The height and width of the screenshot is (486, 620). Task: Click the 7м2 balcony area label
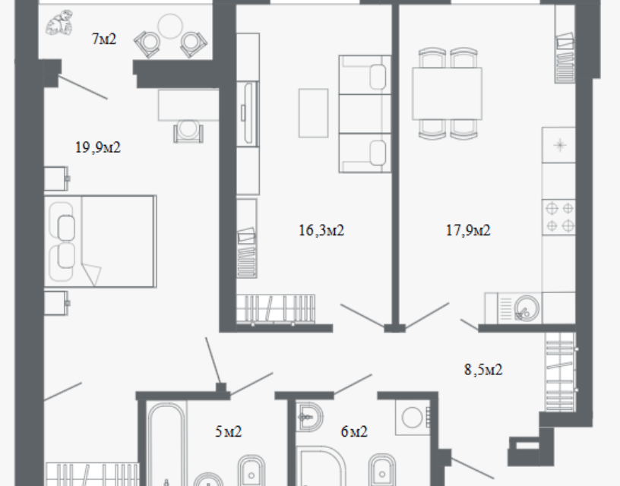pyautogui.click(x=104, y=39)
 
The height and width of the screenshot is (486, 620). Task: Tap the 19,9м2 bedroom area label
pyautogui.click(x=98, y=147)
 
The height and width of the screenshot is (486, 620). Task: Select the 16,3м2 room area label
pyautogui.click(x=321, y=230)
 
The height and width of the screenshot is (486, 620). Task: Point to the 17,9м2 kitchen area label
pyautogui.click(x=468, y=230)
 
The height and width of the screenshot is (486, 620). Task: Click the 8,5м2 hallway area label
pyautogui.click(x=483, y=370)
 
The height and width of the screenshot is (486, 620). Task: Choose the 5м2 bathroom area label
pyautogui.click(x=228, y=431)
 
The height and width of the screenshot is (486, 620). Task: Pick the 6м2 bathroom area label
pyautogui.click(x=354, y=431)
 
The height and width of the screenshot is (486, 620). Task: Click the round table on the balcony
pyautogui.click(x=170, y=26)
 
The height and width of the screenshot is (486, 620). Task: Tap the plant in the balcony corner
pyautogui.click(x=59, y=23)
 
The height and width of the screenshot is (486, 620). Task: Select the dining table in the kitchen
pyautogui.click(x=448, y=93)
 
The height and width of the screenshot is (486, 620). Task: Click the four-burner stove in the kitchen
pyautogui.click(x=558, y=217)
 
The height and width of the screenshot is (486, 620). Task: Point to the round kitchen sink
pyautogui.click(x=527, y=308)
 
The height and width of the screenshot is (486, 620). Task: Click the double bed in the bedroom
pyautogui.click(x=100, y=241)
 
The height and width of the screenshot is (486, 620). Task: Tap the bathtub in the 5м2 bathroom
pyautogui.click(x=167, y=444)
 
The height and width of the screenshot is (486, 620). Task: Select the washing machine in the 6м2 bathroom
pyautogui.click(x=413, y=417)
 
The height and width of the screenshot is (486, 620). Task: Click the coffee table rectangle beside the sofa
pyautogui.click(x=313, y=113)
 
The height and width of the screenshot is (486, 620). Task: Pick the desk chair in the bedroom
pyautogui.click(x=188, y=131)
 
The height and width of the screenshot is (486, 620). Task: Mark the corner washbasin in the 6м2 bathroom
pyautogui.click(x=309, y=416)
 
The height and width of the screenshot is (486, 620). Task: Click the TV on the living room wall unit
pyautogui.click(x=248, y=113)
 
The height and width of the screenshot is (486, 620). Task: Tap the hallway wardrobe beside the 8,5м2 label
pyautogui.click(x=560, y=372)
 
